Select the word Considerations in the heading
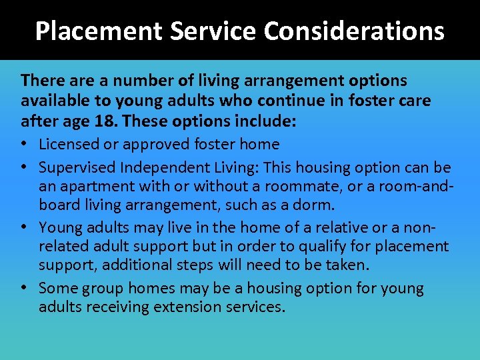pyautogui.click(x=354, y=31)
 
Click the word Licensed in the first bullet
pyautogui.click(x=69, y=144)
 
